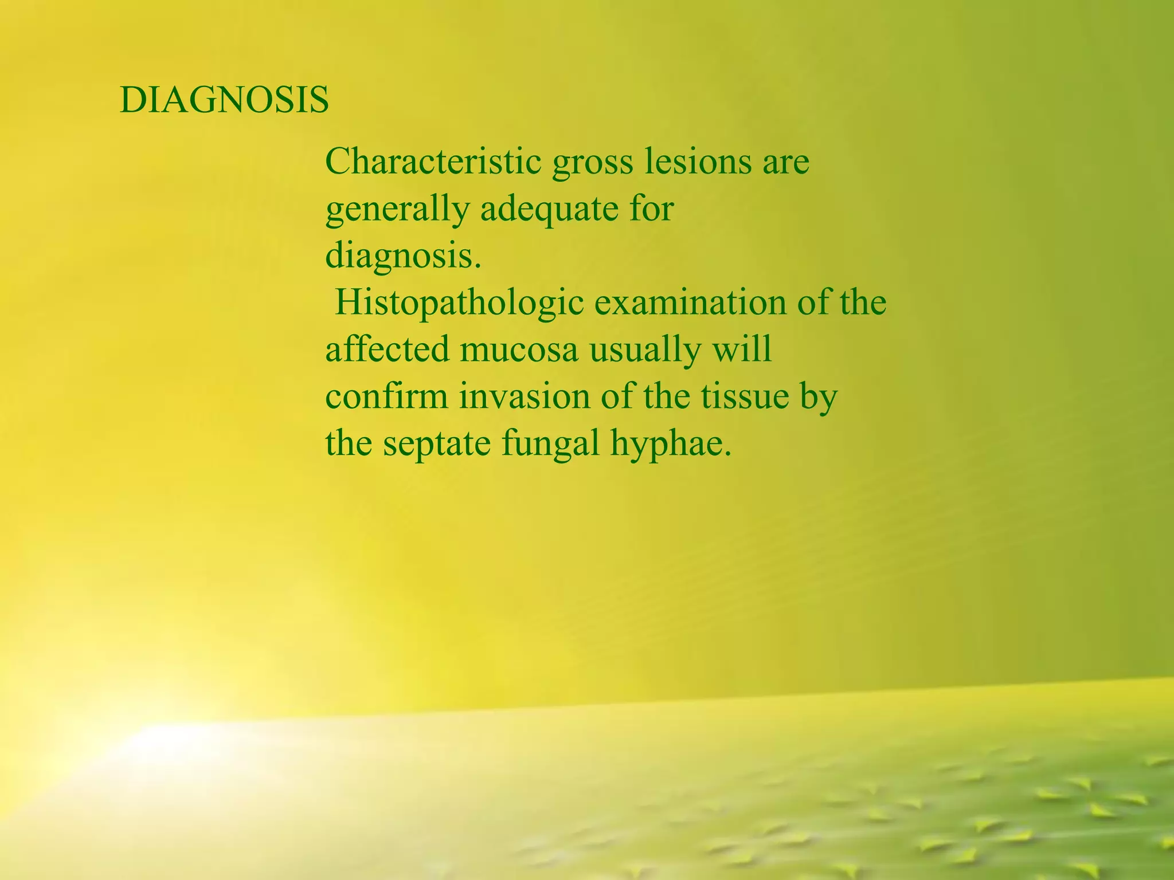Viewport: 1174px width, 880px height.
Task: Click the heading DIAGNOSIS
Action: click(224, 100)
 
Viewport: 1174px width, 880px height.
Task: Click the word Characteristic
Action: click(433, 162)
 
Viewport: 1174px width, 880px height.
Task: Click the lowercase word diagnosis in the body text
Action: click(401, 257)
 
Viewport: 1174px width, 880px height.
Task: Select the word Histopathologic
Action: click(459, 304)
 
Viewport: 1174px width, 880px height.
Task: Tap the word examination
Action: click(690, 302)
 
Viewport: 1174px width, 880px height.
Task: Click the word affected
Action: click(388, 349)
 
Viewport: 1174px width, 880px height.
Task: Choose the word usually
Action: click(645, 351)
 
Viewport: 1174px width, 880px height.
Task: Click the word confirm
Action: click(386, 396)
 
